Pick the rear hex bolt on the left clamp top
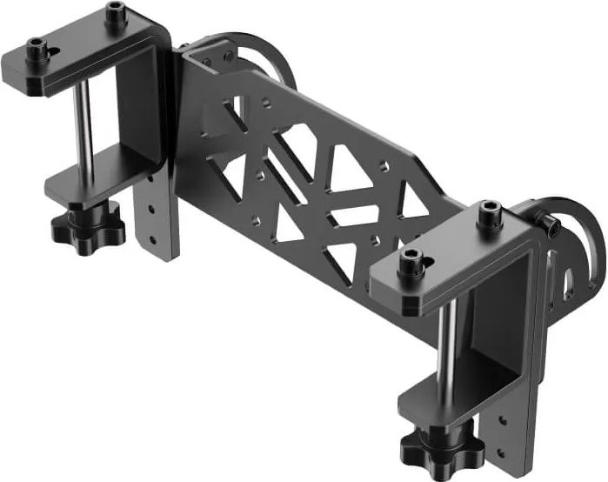(x=115, y=14)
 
